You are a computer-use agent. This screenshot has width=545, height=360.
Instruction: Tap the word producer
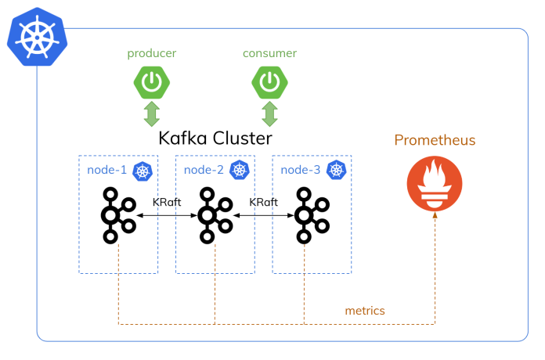[152, 53]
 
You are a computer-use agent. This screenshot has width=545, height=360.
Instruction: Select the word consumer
[269, 53]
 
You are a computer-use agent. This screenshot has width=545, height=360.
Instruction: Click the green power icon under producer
[152, 81]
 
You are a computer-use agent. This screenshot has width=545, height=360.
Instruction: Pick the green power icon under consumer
[269, 81]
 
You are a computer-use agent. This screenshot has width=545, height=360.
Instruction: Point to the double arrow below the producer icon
[152, 113]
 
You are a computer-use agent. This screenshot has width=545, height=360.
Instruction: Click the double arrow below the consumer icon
[269, 113]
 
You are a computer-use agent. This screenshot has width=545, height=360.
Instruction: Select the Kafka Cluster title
[215, 139]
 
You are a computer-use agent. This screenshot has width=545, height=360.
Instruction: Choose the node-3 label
[301, 170]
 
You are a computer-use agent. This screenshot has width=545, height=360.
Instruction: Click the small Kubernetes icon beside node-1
[143, 171]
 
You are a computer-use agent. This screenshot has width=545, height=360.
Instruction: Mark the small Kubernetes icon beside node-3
[337, 171]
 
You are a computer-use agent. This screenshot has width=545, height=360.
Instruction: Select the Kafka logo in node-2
[213, 214]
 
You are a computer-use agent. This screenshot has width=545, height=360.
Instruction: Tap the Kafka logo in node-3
[309, 214]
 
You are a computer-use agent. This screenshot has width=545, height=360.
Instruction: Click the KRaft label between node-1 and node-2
[167, 201]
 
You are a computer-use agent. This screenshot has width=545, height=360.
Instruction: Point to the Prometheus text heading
[435, 141]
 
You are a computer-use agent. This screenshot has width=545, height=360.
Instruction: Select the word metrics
[365, 311]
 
